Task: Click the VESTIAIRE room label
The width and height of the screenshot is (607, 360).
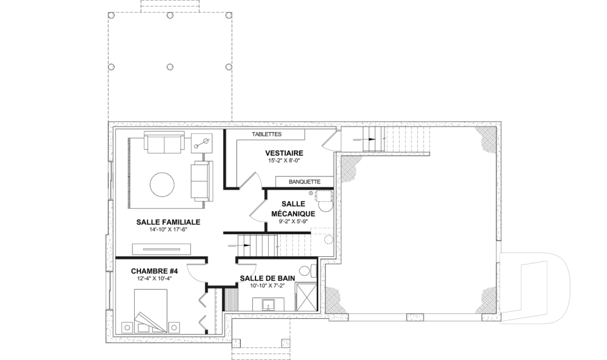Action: tap(284, 153)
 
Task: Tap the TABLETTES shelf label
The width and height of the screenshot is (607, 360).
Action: tap(267, 135)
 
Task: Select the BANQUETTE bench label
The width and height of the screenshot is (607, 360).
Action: tap(305, 182)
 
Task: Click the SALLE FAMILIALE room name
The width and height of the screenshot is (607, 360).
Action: tap(168, 222)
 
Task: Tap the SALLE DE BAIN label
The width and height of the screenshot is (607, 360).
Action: tap(267, 278)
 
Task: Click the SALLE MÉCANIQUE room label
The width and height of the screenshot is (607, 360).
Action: tap(293, 209)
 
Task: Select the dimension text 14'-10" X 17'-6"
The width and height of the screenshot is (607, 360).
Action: tap(168, 230)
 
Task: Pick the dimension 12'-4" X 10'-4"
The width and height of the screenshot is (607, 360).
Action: tap(154, 278)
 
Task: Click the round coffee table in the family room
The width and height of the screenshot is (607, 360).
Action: tap(162, 185)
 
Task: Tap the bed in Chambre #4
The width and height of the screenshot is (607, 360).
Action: tap(151, 311)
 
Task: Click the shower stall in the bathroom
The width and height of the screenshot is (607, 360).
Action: tap(306, 297)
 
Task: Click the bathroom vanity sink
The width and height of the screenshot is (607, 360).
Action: tap(268, 304)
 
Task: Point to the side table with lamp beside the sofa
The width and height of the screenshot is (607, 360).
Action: tap(202, 144)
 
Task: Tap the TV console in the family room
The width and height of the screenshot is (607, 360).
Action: tap(161, 249)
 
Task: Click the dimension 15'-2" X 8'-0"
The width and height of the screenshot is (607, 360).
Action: tap(284, 160)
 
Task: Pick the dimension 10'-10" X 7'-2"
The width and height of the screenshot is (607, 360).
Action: tap(267, 285)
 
